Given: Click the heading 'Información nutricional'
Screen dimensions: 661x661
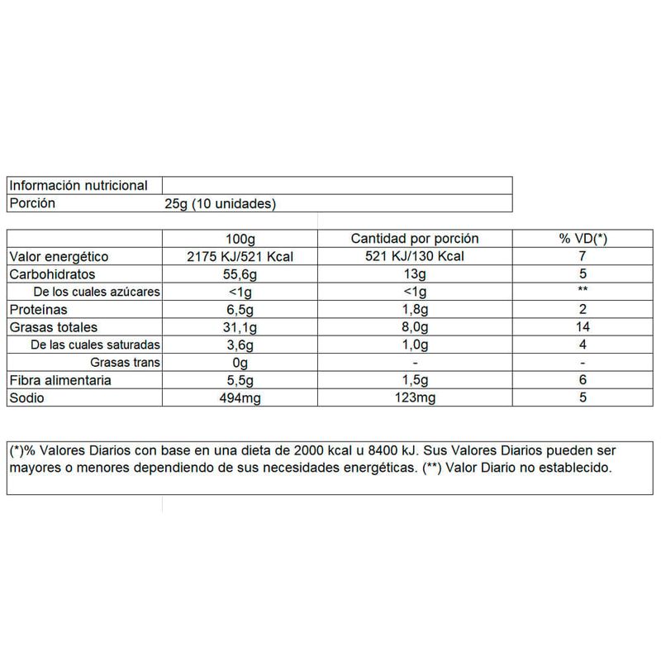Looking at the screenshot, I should (x=78, y=186).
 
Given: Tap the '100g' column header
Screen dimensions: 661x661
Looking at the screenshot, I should (x=241, y=239).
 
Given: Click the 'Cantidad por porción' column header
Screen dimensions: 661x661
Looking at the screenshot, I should (x=415, y=239).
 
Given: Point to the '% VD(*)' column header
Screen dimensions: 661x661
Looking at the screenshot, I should (x=583, y=239).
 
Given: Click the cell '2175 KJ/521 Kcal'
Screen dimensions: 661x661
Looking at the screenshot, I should (x=241, y=257).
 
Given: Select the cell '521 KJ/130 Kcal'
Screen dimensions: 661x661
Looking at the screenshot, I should (x=415, y=257).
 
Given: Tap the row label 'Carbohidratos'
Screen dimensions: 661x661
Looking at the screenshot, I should (x=52, y=274).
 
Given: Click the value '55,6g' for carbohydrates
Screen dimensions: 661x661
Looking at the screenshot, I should (x=241, y=274).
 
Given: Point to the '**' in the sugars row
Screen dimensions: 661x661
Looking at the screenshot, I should (x=583, y=292).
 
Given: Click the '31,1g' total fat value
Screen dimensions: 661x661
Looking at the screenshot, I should (x=241, y=326).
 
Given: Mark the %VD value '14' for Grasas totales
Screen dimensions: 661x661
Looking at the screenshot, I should (x=583, y=326).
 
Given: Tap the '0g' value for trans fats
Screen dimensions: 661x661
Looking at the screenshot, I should (x=241, y=362).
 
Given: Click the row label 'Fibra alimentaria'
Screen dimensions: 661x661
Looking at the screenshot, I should (x=61, y=380).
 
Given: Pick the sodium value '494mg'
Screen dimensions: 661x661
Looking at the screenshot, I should (x=241, y=397).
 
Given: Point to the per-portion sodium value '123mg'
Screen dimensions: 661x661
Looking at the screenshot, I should (x=415, y=397).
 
